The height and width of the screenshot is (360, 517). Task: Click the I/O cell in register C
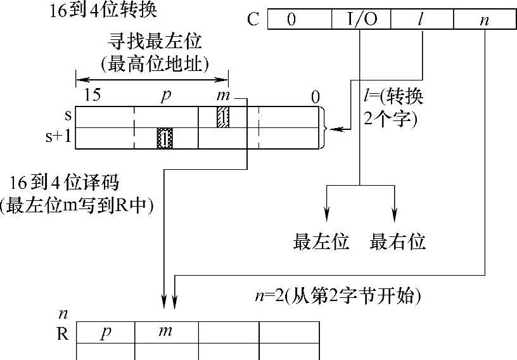[x=361, y=19]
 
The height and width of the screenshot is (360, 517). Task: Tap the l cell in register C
[x=422, y=19]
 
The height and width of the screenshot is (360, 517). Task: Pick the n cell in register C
[x=485, y=19]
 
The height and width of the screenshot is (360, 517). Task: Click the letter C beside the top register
[x=253, y=19]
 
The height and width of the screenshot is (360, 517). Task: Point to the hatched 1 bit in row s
[x=223, y=117]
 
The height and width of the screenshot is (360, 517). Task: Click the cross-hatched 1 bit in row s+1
[x=165, y=138]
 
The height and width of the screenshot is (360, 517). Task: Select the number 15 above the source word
[x=92, y=95]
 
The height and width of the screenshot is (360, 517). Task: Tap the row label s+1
[x=58, y=136]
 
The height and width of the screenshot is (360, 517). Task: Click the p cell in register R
[x=106, y=332]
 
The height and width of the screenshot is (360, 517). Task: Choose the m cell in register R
[x=167, y=332]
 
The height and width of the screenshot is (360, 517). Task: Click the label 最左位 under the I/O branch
[x=321, y=241]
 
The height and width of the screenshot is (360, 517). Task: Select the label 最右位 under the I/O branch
[x=397, y=241]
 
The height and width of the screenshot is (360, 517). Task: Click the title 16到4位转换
[x=103, y=11]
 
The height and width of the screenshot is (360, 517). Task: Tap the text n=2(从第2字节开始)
[x=338, y=295]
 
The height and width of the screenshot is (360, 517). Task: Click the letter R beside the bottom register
[x=63, y=334]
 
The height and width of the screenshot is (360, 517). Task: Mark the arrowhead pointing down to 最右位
[x=394, y=214]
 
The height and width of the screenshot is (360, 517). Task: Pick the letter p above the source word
[x=167, y=96]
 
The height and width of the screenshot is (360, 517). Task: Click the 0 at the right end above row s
[x=316, y=98]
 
